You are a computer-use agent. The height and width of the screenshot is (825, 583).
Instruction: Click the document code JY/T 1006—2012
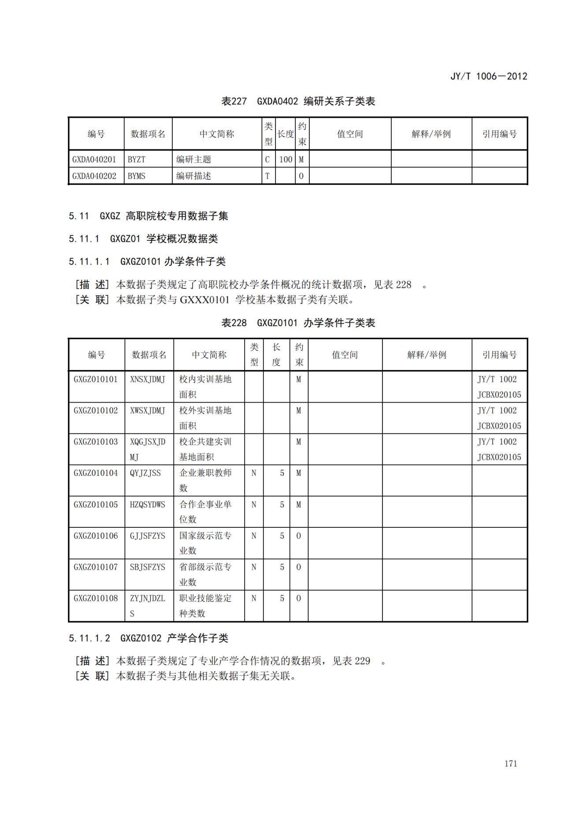point(488,76)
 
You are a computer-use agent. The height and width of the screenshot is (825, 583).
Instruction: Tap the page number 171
point(511,763)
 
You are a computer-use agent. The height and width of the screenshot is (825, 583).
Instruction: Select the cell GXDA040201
point(94,159)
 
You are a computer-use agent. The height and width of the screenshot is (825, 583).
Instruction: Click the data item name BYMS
point(137,176)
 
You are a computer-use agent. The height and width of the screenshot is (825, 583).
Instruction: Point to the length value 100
point(286,159)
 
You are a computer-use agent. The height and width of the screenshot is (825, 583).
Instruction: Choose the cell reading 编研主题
point(194,159)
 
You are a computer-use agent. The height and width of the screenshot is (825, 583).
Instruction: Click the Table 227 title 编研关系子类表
point(298,101)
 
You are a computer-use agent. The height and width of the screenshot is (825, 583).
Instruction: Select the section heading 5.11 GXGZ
point(148,216)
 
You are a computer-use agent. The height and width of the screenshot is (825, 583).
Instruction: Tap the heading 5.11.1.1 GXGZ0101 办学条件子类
point(147,261)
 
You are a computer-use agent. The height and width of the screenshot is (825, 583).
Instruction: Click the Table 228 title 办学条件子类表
point(298,323)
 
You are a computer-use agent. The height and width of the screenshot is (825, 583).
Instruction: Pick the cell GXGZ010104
point(96,473)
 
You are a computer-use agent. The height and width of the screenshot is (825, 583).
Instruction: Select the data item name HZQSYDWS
point(148,504)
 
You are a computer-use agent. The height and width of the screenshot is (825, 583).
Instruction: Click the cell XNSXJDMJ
point(148,379)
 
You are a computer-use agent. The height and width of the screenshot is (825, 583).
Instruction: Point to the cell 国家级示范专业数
point(205,543)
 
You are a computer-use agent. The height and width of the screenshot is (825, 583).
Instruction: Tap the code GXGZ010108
point(96,598)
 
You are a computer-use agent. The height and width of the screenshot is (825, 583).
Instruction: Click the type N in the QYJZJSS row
point(254,473)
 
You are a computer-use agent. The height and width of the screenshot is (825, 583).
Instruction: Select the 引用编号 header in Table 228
point(499,355)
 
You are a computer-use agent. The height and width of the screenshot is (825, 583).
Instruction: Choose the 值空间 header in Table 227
point(350,134)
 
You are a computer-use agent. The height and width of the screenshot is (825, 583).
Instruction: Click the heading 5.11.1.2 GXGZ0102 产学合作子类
point(148,638)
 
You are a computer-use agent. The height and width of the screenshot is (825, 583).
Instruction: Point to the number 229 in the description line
point(362,661)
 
